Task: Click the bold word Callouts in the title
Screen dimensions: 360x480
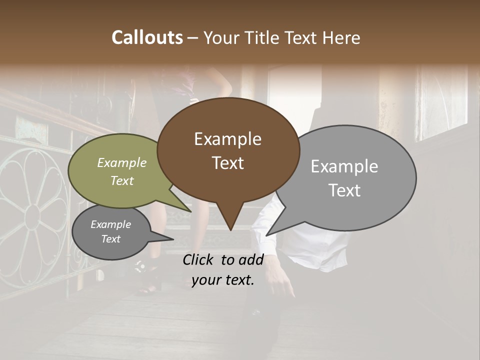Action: click(147, 37)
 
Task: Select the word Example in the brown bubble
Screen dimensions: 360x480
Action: click(227, 139)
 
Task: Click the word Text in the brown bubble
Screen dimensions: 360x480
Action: click(227, 163)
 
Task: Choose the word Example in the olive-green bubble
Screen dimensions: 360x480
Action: click(122, 162)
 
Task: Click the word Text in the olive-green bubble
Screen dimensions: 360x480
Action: click(122, 180)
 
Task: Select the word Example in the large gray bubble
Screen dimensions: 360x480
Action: click(344, 166)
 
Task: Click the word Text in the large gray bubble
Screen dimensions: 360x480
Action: click(344, 190)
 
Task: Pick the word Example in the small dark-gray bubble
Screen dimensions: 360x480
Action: click(110, 224)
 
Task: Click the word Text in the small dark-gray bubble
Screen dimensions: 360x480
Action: click(110, 239)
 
